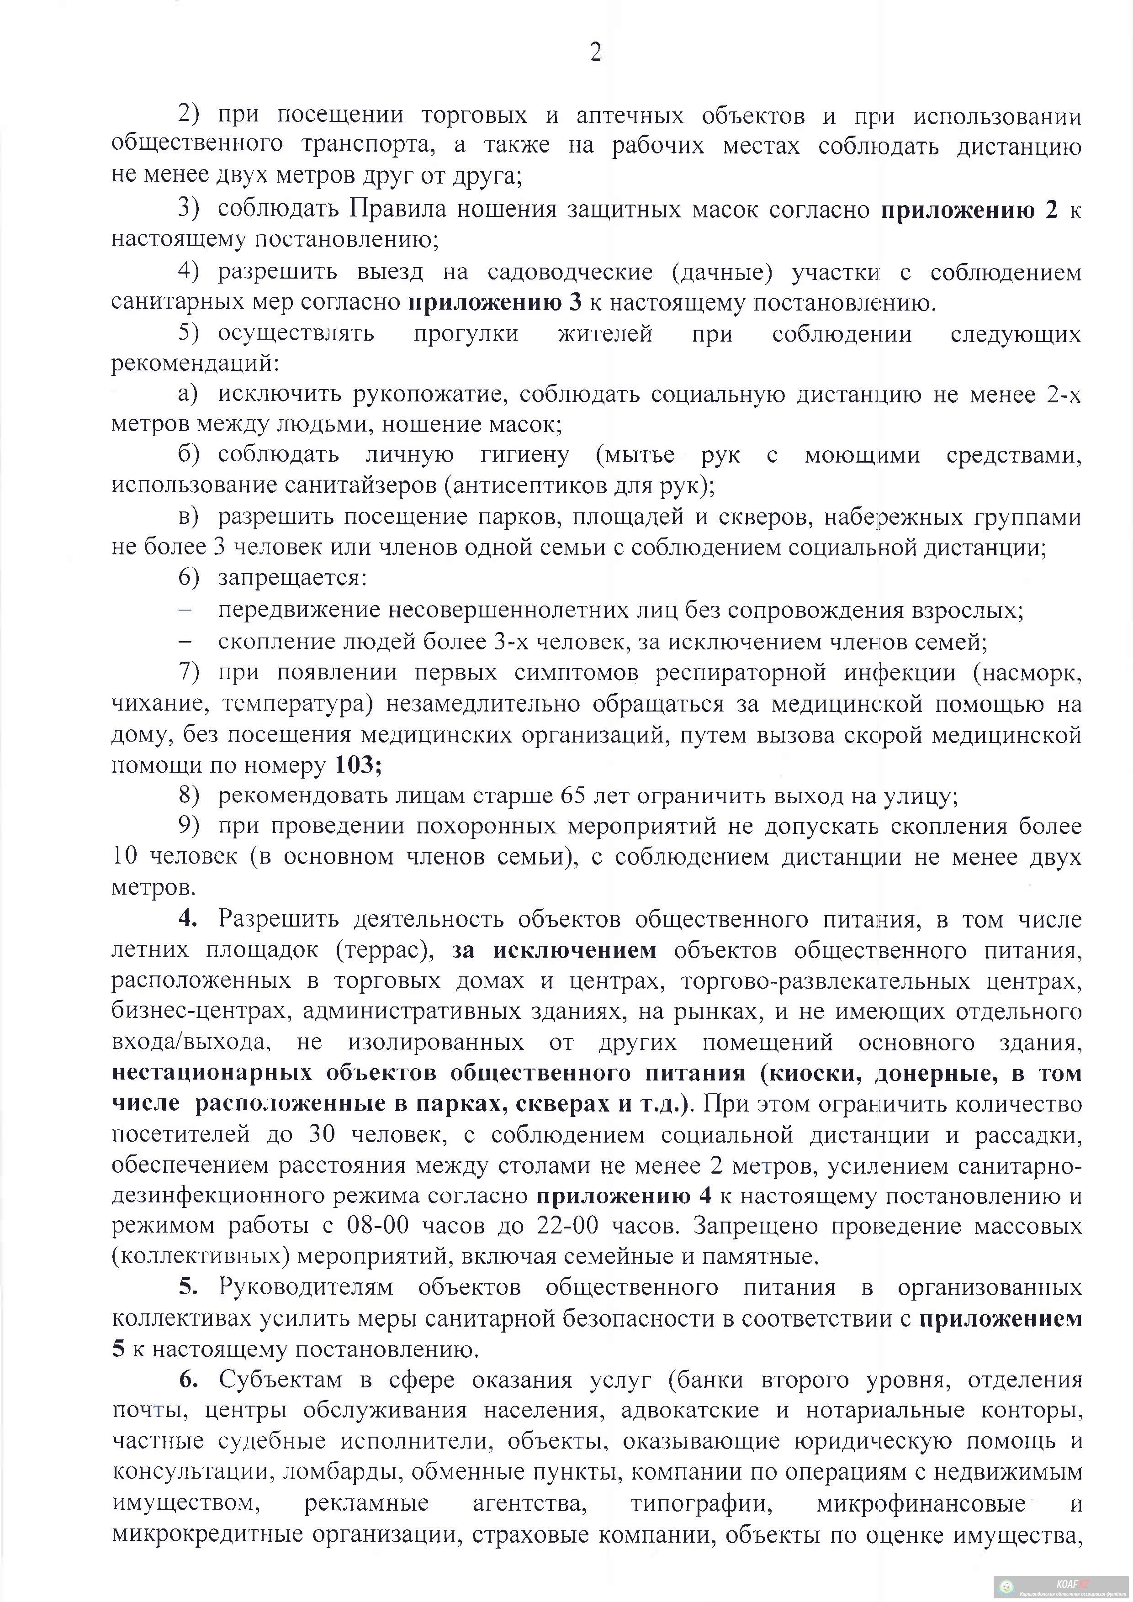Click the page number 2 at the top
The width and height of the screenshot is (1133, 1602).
click(x=595, y=53)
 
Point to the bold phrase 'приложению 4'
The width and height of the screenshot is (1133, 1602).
click(x=624, y=1195)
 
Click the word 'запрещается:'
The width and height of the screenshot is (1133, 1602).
click(x=292, y=578)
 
